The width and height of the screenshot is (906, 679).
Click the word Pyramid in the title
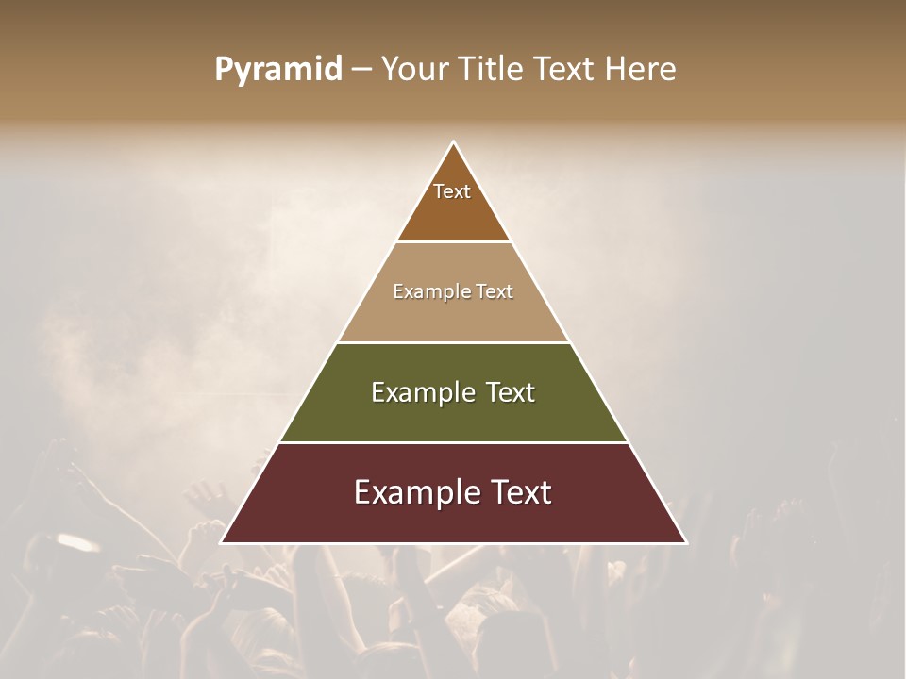(277, 70)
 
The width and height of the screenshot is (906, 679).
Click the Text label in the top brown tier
(452, 191)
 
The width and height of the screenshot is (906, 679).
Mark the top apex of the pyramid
(453, 142)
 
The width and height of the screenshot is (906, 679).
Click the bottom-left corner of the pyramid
(222, 542)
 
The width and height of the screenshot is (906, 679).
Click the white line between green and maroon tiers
(453, 442)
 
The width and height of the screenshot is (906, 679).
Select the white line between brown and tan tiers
(453, 241)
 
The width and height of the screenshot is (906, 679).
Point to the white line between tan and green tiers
(453, 342)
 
